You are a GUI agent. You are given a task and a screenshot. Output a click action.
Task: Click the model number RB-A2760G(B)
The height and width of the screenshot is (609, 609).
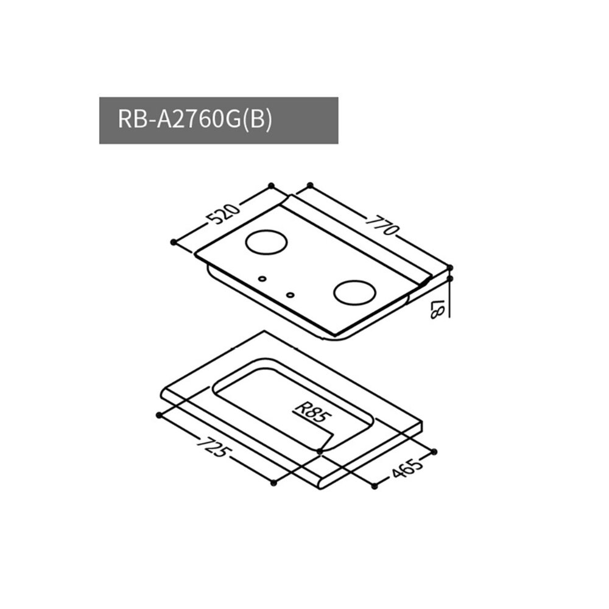point(194,120)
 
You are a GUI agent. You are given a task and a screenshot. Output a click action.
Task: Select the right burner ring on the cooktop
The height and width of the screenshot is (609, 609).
point(353,292)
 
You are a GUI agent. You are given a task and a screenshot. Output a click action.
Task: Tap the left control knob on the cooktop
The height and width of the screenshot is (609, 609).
point(262,279)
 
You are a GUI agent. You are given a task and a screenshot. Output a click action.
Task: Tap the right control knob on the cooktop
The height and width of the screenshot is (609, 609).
point(290,297)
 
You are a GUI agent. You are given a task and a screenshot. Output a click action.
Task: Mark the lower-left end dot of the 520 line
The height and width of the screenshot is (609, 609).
point(174,242)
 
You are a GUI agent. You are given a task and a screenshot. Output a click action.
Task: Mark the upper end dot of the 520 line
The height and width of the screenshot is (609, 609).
point(271,185)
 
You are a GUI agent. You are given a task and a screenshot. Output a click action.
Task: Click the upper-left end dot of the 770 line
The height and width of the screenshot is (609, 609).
point(309,185)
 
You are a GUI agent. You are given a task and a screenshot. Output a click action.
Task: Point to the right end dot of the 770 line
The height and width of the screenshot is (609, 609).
point(450,267)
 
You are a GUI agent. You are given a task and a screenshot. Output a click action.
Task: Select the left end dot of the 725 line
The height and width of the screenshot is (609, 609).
point(159,414)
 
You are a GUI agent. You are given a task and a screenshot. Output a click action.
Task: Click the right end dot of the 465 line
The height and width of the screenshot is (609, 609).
point(434,451)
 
